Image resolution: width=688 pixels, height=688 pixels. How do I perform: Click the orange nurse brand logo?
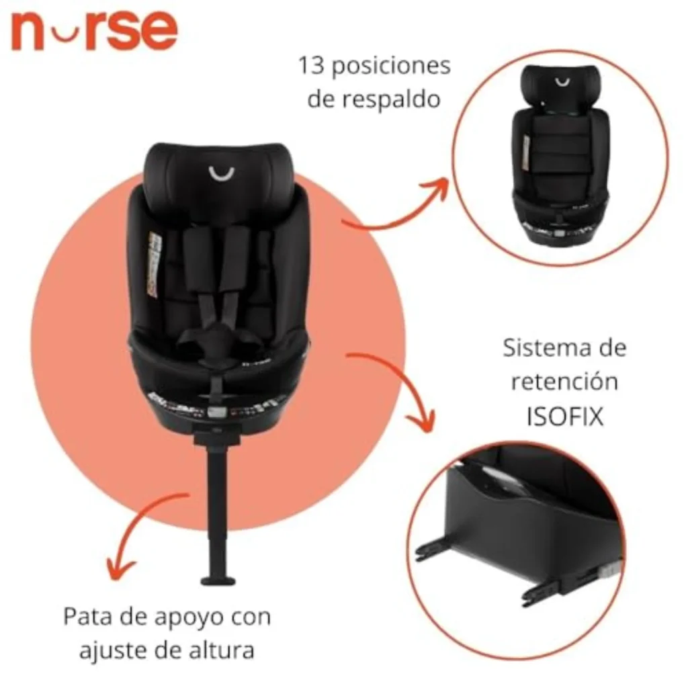point(94,30)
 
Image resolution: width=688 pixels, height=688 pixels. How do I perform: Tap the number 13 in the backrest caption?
point(311,65)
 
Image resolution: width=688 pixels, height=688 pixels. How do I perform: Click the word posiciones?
point(391,67)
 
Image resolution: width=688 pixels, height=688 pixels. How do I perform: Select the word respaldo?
point(391,99)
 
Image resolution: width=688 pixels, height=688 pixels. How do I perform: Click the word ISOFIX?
point(565,417)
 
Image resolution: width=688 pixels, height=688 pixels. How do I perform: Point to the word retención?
point(564,381)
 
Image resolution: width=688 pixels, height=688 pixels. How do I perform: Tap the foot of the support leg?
point(218,580)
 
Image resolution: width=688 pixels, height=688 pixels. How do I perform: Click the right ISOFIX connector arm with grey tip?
point(571,585)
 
